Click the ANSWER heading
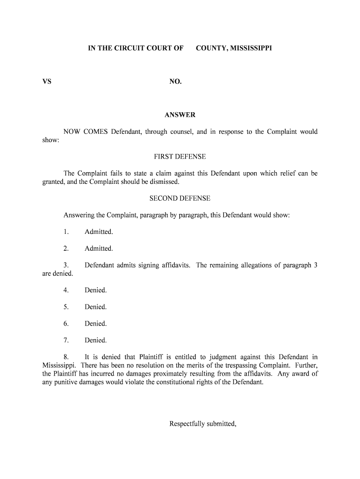[x=180, y=115]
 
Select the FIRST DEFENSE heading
[x=180, y=156]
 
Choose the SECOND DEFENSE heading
[x=180, y=198]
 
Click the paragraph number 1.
[x=66, y=232]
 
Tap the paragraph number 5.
[x=66, y=307]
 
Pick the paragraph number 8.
[x=66, y=357]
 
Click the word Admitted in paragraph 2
[x=99, y=248]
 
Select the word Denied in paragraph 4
[x=95, y=290]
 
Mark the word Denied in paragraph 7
[x=95, y=340]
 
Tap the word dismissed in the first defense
[x=165, y=181]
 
